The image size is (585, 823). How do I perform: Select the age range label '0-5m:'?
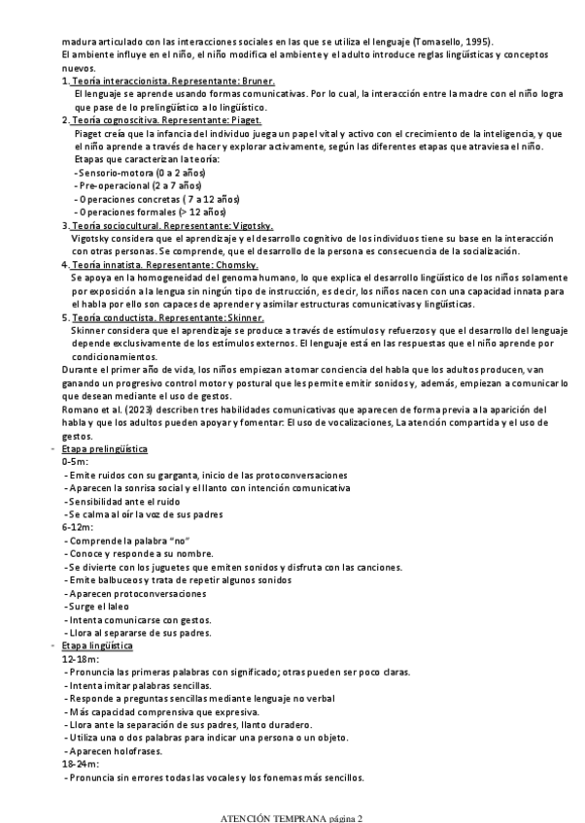(x=74, y=462)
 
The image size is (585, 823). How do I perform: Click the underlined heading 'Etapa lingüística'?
(x=97, y=646)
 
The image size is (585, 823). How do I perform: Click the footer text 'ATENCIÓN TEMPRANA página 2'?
(x=292, y=817)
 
